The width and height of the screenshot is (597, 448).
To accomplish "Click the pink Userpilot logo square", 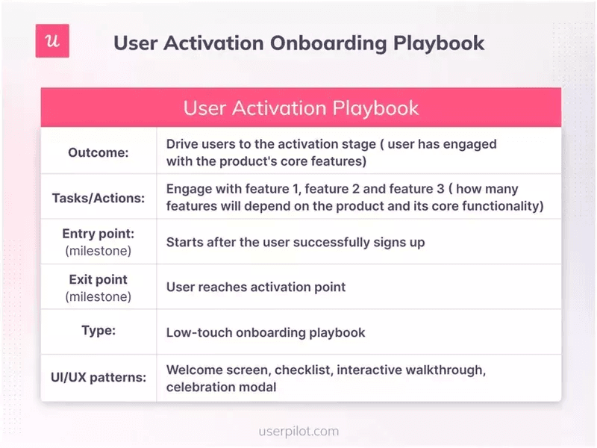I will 52,41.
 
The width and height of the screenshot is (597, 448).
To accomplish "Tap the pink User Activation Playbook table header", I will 301,108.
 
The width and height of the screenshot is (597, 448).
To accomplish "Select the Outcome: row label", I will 99,152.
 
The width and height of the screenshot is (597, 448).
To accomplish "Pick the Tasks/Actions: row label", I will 99,198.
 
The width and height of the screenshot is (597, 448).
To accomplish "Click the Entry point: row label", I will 99,234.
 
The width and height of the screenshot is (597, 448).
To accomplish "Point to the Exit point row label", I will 99,279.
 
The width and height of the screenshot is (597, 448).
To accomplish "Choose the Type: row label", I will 99,330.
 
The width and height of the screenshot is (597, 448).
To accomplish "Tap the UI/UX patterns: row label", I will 99,377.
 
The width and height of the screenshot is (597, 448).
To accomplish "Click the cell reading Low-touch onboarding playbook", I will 266,332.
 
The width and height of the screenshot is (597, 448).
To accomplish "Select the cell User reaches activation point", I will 256,287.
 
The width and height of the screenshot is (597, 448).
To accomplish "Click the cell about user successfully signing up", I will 296,242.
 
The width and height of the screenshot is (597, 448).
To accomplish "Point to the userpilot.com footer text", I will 298,431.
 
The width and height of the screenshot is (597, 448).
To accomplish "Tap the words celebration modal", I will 221,387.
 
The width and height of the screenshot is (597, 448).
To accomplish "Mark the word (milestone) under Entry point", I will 99,250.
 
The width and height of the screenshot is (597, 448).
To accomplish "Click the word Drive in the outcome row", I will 182,144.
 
